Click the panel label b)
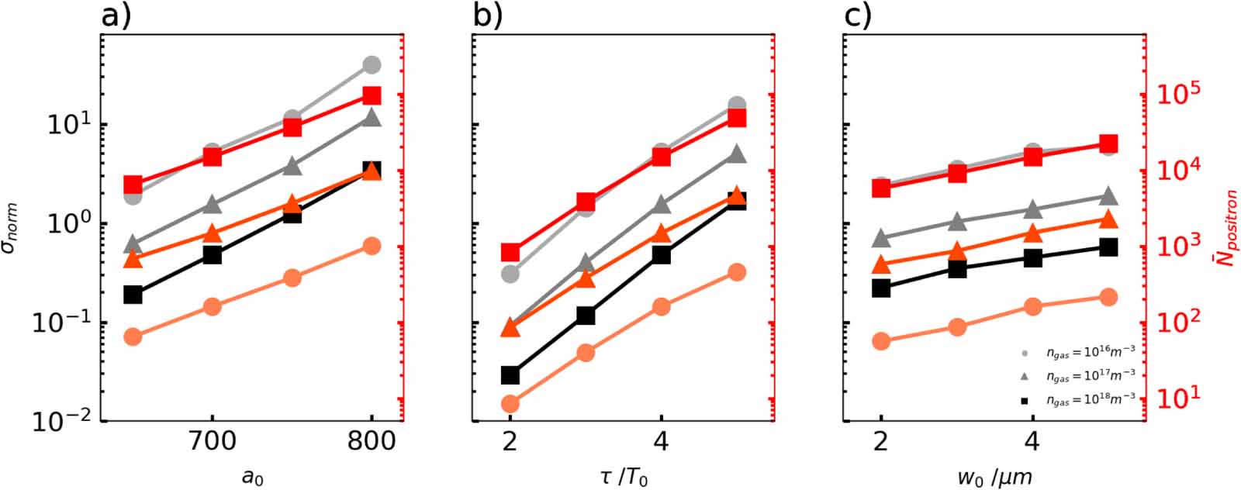[488, 16]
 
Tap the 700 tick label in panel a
[213, 443]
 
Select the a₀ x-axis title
[253, 476]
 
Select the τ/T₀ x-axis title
[624, 475]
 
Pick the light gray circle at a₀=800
[372, 64]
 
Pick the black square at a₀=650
[133, 295]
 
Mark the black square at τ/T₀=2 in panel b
[510, 375]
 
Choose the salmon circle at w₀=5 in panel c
[1108, 297]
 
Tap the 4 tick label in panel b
[661, 443]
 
